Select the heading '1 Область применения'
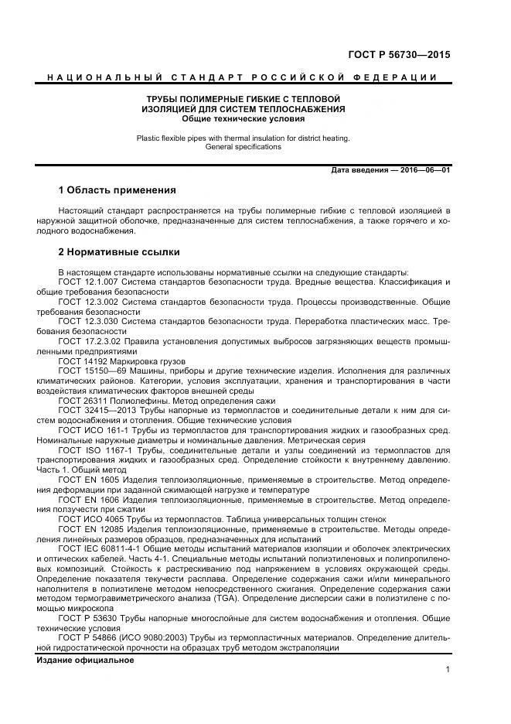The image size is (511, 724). [x=118, y=190]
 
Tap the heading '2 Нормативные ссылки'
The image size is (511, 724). [x=119, y=251]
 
